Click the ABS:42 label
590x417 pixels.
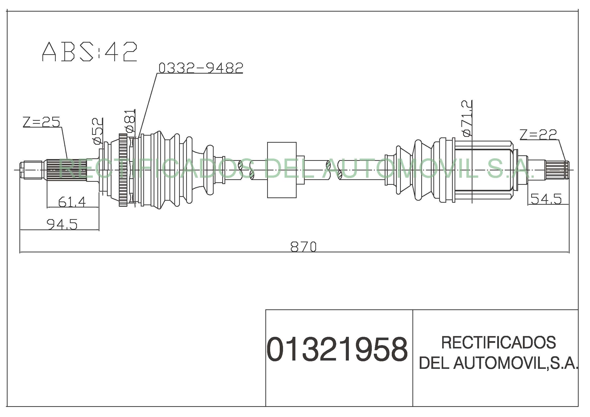coord(90,52)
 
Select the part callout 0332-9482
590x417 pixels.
coord(201,68)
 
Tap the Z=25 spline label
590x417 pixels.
coord(41,122)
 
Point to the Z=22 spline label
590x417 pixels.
coord(538,134)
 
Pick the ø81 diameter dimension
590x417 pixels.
coord(130,121)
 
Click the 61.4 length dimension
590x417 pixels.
coord(72,202)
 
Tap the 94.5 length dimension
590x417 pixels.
coord(62,224)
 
